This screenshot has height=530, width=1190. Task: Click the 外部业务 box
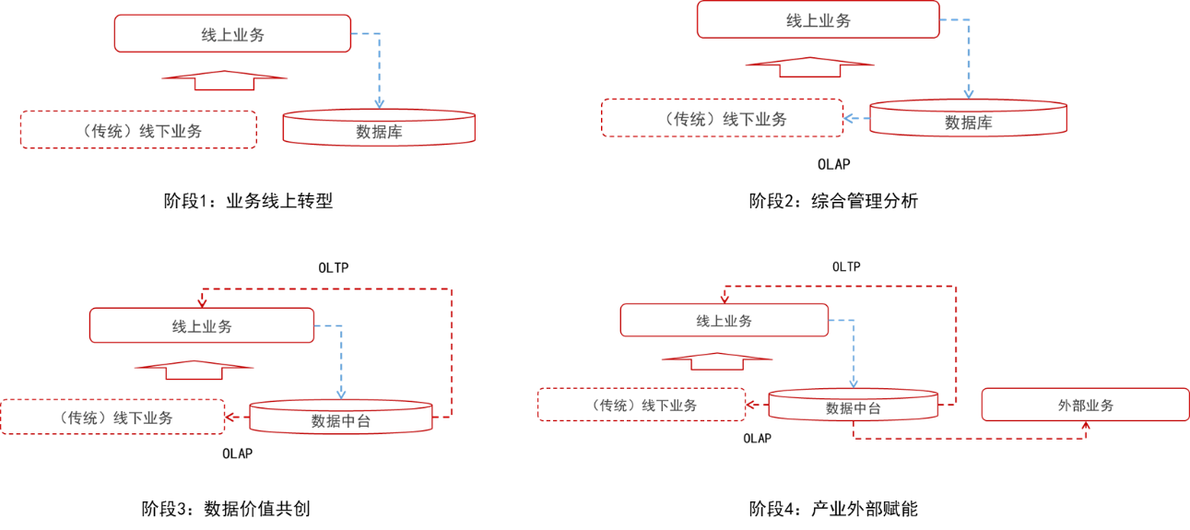pyautogui.click(x=1085, y=405)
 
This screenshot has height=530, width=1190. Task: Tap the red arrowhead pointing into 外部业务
pyautogui.click(x=1086, y=427)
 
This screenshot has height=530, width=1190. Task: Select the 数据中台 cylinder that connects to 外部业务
pyautogui.click(x=853, y=406)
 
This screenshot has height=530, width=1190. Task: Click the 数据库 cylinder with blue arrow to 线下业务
pyautogui.click(x=967, y=119)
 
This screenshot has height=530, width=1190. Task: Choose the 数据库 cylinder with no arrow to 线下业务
pyautogui.click(x=378, y=129)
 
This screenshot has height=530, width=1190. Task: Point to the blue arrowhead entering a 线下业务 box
pyautogui.click(x=849, y=118)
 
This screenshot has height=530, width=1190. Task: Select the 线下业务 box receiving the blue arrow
pyautogui.click(x=722, y=119)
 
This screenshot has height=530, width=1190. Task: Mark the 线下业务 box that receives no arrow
pyautogui.click(x=138, y=130)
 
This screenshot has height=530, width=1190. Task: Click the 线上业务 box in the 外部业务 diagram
pyautogui.click(x=724, y=320)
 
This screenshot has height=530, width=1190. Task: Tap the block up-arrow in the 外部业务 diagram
pyautogui.click(x=717, y=360)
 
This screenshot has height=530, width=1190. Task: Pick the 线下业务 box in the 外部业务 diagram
pyautogui.click(x=642, y=405)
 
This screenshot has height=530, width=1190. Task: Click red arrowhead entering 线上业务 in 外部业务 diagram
pyautogui.click(x=725, y=298)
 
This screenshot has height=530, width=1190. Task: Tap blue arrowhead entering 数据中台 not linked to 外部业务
pyautogui.click(x=341, y=394)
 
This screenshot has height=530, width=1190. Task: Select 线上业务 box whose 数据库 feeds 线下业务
pyautogui.click(x=818, y=20)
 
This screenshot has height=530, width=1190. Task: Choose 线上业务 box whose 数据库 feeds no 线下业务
pyautogui.click(x=232, y=34)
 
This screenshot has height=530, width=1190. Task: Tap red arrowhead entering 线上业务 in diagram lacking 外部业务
pyautogui.click(x=202, y=301)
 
